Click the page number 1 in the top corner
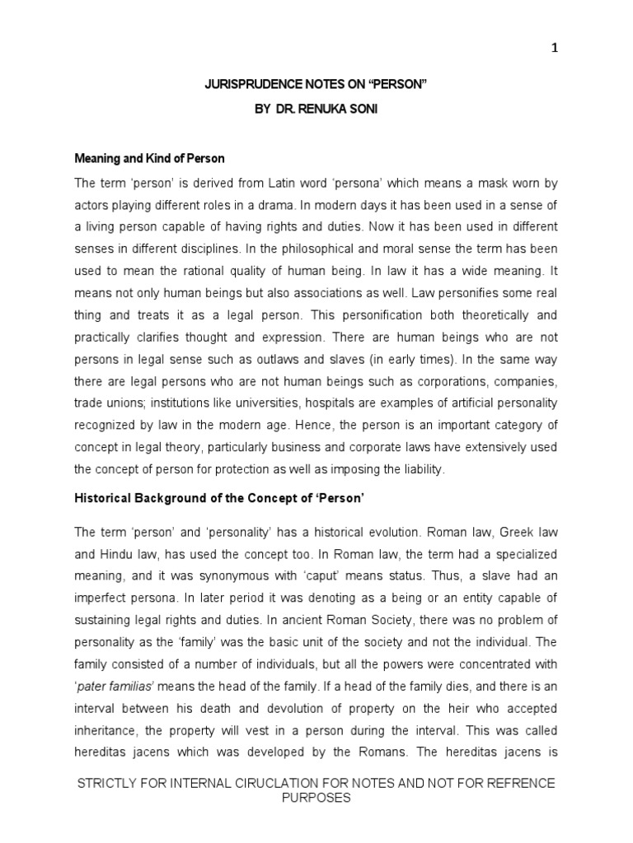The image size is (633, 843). coord(555,48)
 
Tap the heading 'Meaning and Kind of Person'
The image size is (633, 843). coord(149,158)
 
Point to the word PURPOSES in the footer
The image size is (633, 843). coord(316,799)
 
